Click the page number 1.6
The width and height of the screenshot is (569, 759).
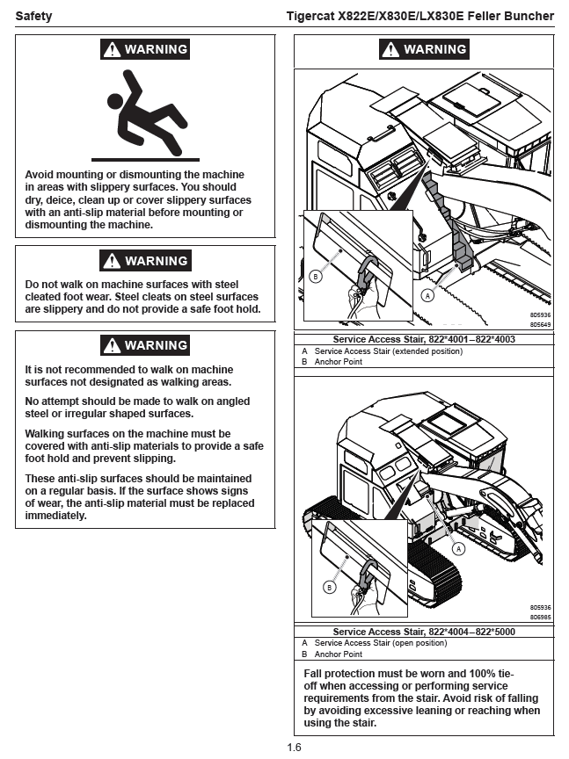point(294,748)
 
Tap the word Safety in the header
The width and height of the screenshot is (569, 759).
point(33,16)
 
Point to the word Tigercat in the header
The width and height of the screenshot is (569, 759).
point(311,16)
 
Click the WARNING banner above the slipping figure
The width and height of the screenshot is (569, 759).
point(145,50)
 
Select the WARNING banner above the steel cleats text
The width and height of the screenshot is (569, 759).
point(145,261)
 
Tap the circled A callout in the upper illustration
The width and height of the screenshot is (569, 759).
point(428,296)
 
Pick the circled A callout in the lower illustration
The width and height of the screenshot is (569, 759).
point(457,547)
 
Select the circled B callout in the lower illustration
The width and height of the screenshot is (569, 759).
point(331,587)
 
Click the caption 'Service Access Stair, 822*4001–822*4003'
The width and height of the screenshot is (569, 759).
point(424,339)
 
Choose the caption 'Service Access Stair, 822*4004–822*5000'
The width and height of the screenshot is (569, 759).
point(424,632)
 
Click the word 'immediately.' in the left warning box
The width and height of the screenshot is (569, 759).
point(55,516)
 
